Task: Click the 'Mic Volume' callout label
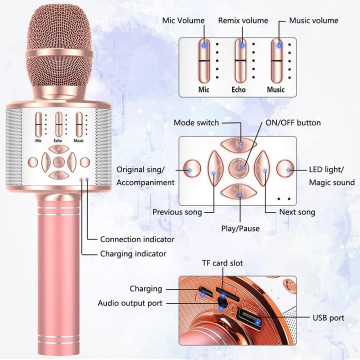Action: pos(183,20)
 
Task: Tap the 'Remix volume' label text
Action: pos(243,20)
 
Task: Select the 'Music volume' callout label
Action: pos(313,20)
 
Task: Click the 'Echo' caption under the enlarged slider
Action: pos(238,89)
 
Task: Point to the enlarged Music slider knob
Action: pos(276,61)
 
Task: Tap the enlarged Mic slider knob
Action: pos(204,61)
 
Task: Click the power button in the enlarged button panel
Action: pos(238,168)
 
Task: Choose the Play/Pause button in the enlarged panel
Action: pos(239,191)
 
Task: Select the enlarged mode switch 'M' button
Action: pos(238,144)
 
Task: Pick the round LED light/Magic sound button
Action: pos(285,168)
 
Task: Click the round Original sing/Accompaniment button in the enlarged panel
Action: pos(192,168)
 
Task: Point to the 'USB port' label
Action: pos(328,318)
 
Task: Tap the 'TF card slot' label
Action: pos(222,263)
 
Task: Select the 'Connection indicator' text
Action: pos(137,239)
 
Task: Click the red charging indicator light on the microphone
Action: pos(81,179)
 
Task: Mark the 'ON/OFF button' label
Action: pos(293,122)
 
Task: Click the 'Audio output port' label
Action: pos(130,303)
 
